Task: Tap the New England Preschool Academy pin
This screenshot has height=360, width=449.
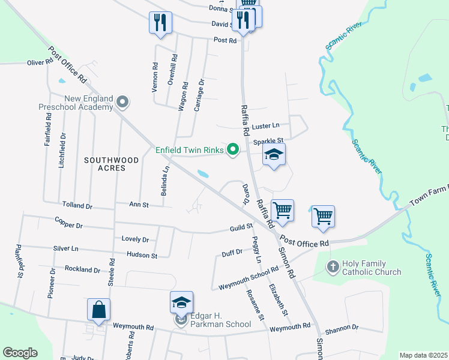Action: tap(123, 101)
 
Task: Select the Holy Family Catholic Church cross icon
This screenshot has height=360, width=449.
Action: tap(334, 265)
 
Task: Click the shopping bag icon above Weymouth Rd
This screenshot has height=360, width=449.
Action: tap(98, 310)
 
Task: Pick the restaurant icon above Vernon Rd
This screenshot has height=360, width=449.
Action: tap(160, 23)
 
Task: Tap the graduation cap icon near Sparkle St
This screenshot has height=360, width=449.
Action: tap(274, 155)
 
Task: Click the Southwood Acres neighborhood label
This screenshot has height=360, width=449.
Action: tap(112, 164)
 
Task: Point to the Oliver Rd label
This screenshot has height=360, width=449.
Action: tap(40, 62)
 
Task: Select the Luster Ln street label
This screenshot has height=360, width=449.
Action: tap(266, 126)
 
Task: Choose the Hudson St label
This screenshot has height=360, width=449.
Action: tap(142, 255)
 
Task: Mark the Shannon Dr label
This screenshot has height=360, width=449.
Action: tap(342, 328)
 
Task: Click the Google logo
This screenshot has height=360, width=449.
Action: tap(20, 353)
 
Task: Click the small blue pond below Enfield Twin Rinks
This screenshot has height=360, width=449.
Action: tap(203, 175)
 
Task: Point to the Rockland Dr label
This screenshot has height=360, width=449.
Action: tap(82, 269)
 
